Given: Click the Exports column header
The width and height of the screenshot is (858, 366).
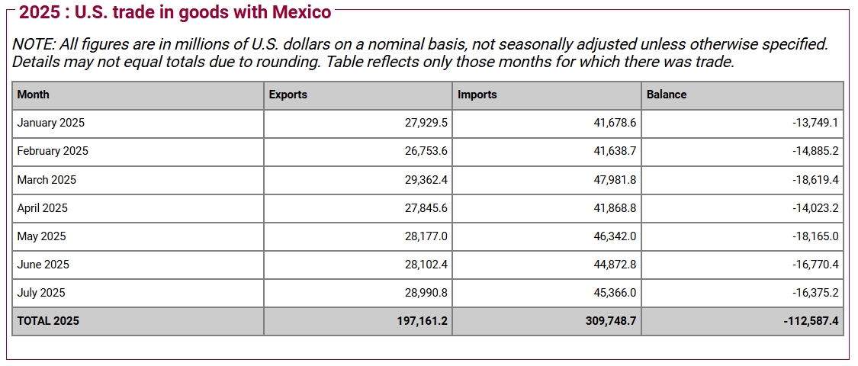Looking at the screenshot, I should click(288, 95).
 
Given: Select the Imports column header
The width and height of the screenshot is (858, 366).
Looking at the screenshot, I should click(477, 95).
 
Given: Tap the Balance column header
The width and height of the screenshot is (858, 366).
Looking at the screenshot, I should click(667, 95).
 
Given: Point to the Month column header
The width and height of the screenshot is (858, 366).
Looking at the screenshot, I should click(34, 95).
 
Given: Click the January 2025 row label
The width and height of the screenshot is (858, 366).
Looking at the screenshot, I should click(51, 123).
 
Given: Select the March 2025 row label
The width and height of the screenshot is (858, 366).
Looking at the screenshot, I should click(47, 180).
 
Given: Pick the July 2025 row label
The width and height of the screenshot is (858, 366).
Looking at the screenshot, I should click(41, 293).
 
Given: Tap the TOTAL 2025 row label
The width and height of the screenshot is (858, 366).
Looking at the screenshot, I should click(48, 321).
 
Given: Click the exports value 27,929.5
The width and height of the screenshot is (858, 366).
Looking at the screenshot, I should click(426, 123).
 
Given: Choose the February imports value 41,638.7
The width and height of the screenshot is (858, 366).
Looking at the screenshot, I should click(615, 151).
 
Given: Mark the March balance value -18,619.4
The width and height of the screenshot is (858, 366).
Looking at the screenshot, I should click(815, 180).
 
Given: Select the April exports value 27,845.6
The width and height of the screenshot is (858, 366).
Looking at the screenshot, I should click(426, 208).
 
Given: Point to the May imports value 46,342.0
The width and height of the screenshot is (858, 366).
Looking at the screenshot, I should click(615, 236).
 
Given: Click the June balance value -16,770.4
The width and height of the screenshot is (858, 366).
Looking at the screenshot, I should click(815, 265).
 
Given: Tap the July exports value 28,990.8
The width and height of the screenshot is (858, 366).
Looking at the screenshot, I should click(426, 293).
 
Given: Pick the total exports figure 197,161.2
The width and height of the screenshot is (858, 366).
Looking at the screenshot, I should click(423, 321).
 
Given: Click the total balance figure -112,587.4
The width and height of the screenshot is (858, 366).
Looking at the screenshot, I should click(811, 321).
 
